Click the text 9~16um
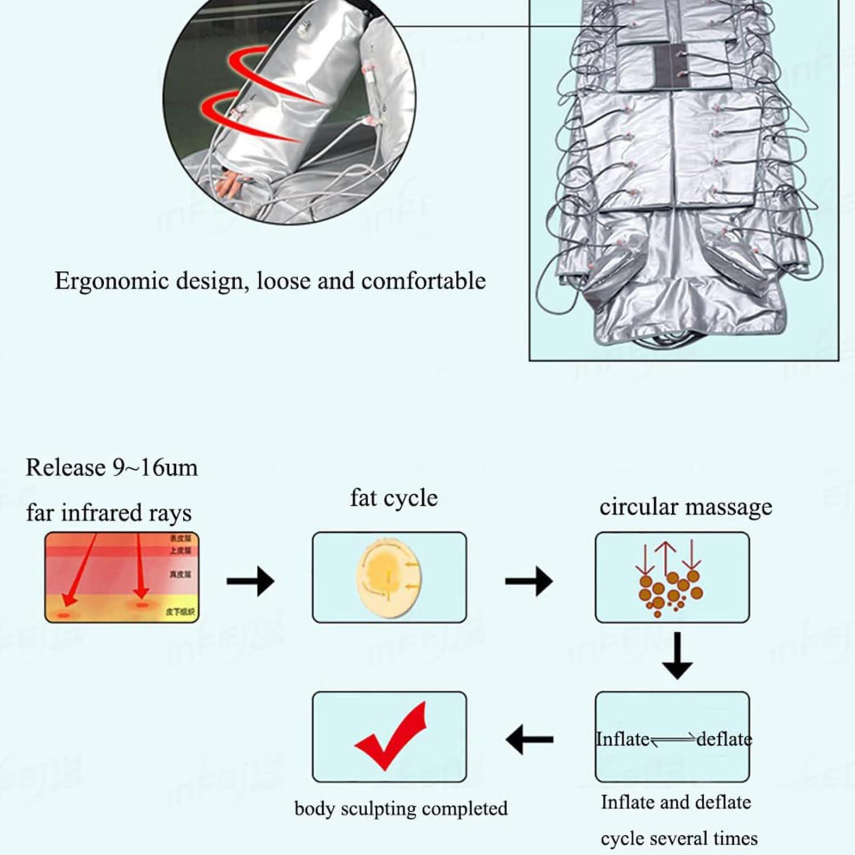pyautogui.click(x=155, y=468)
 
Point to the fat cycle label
pyautogui.click(x=394, y=498)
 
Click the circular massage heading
pyautogui.click(x=686, y=507)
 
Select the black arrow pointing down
pyautogui.click(x=677, y=657)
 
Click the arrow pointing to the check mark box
pyautogui.click(x=529, y=740)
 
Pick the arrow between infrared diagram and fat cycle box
pyautogui.click(x=250, y=580)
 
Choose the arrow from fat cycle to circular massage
pyautogui.click(x=528, y=580)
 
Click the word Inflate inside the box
pyautogui.click(x=623, y=740)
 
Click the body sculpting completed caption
pyautogui.click(x=401, y=809)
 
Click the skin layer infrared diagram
pyautogui.click(x=122, y=577)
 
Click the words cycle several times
pyautogui.click(x=679, y=838)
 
